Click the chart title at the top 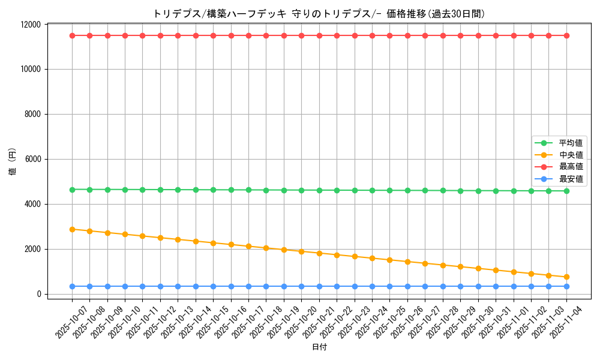[x=319, y=14]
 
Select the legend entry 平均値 [x=571, y=143]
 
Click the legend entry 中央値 [x=571, y=155]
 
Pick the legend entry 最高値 [x=571, y=167]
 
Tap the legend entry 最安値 [x=571, y=179]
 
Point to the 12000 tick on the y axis [x=31, y=25]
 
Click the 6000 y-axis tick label [x=33, y=159]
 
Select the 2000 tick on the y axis [x=33, y=249]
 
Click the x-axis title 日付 [x=319, y=347]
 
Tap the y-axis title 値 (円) [x=13, y=162]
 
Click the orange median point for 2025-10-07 [x=72, y=229]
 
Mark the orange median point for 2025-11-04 [x=566, y=277]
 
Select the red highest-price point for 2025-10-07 [x=72, y=35]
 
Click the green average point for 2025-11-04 [x=566, y=191]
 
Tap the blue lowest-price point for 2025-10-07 [x=72, y=286]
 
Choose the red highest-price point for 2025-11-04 [x=566, y=35]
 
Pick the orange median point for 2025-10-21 [x=319, y=253]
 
